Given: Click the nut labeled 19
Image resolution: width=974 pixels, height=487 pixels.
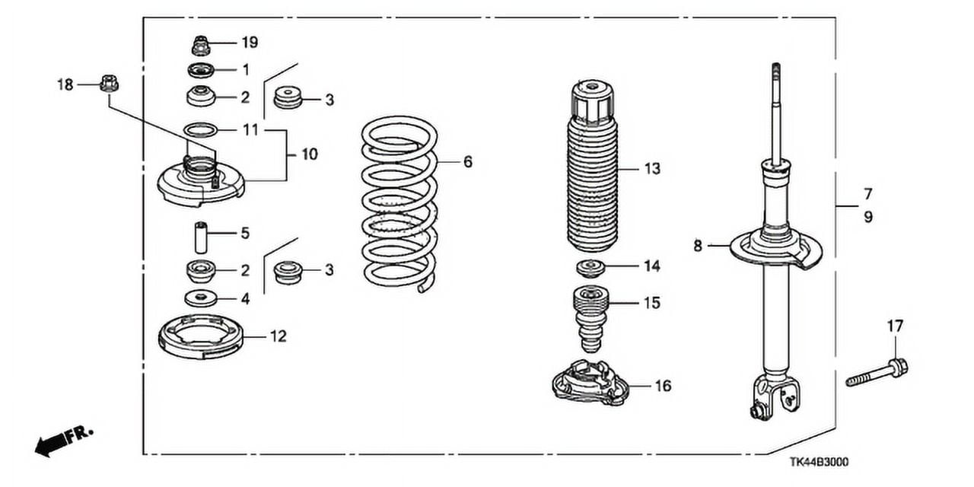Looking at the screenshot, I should (201, 46).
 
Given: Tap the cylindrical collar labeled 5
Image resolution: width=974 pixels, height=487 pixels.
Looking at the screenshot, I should (202, 237).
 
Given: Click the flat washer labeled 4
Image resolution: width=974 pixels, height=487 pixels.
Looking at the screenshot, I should (201, 296).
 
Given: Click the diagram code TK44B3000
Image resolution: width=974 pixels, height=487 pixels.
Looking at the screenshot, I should (819, 462).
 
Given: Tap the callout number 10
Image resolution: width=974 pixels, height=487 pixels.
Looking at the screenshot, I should (309, 154).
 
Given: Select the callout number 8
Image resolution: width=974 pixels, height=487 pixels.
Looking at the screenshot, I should (698, 246).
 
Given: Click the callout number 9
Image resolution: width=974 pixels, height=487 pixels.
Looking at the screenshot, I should (868, 217).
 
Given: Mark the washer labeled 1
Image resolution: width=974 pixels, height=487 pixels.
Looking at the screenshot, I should (201, 71).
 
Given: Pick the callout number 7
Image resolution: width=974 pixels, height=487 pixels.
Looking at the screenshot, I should (868, 194).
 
